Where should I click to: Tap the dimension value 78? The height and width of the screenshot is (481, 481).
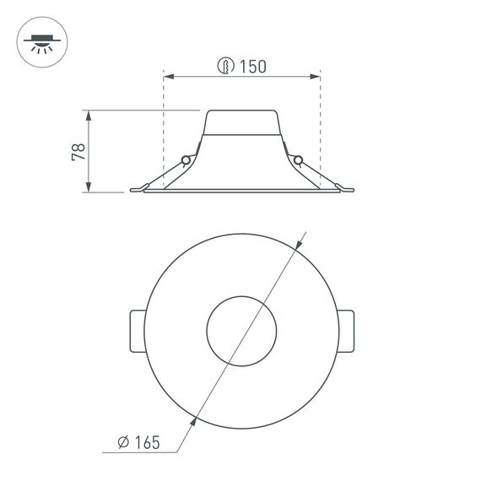click(78, 152)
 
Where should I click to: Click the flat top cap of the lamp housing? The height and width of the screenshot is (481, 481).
click(241, 111)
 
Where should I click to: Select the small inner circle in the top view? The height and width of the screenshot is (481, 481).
click(241, 331)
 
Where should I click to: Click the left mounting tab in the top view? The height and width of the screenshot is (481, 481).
click(138, 331)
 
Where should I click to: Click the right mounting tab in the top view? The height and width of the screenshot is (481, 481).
click(346, 331)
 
